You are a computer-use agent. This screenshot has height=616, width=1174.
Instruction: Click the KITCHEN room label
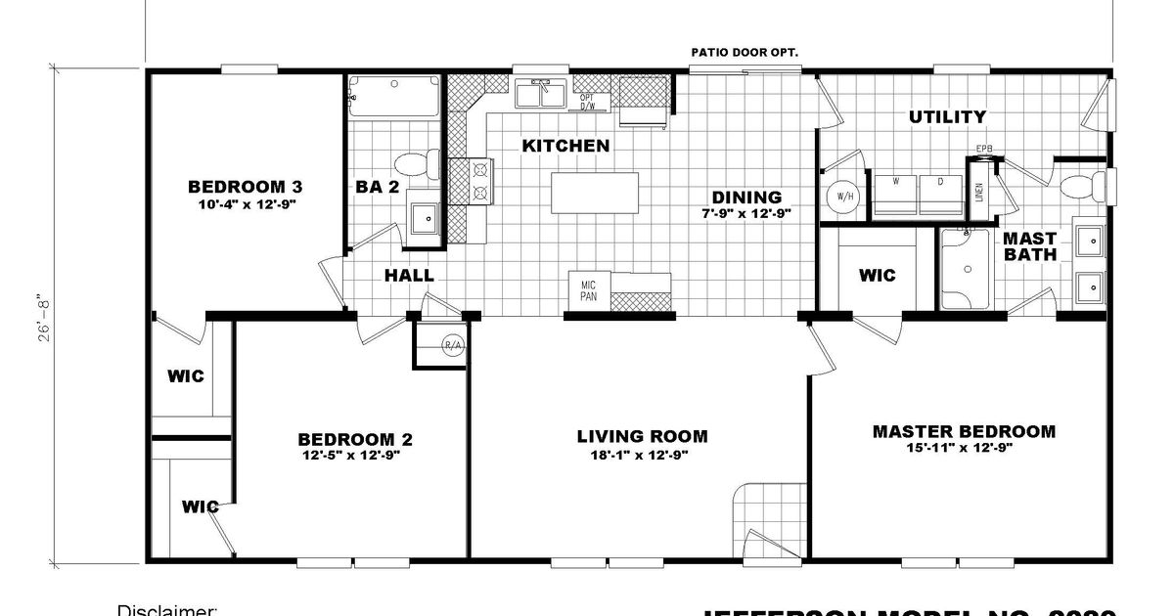(565, 146)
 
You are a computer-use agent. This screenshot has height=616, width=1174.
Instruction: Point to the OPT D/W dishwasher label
(587, 102)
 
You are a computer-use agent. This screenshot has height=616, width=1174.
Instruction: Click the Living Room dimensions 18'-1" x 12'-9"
(642, 455)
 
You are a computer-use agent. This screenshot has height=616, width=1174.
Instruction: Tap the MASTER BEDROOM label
(964, 431)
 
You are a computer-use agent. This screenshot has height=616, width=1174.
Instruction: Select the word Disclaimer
(166, 610)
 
